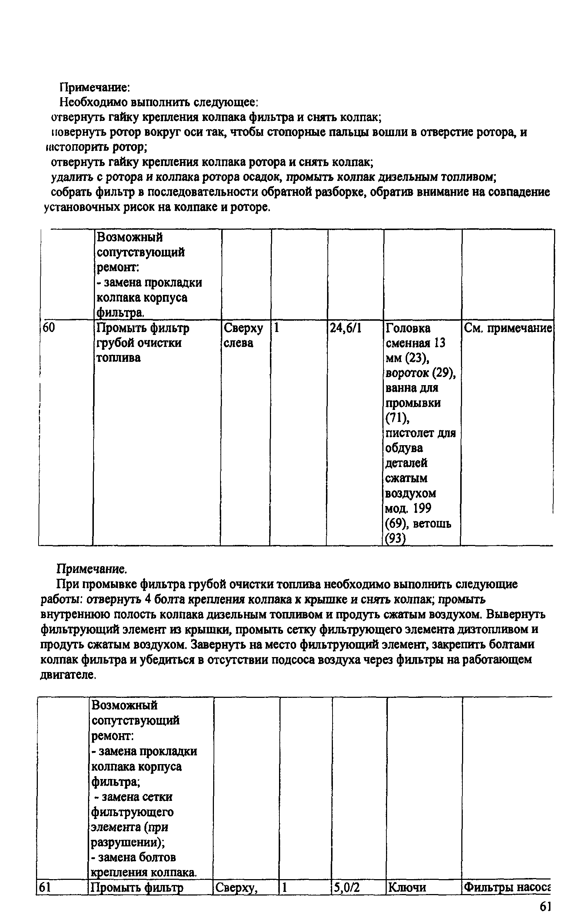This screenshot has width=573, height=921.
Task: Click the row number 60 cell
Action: tap(49, 328)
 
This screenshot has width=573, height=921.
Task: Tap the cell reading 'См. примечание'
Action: tap(508, 328)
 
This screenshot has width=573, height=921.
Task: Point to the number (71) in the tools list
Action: tap(397, 418)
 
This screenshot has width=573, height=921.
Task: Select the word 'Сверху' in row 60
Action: tap(243, 328)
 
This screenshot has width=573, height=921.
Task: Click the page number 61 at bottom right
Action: tap(545, 907)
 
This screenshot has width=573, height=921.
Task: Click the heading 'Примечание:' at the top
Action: tap(95, 88)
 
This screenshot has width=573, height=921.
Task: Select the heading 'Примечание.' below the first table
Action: tap(91, 569)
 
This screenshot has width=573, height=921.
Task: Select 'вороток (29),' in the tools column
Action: tap(420, 373)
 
